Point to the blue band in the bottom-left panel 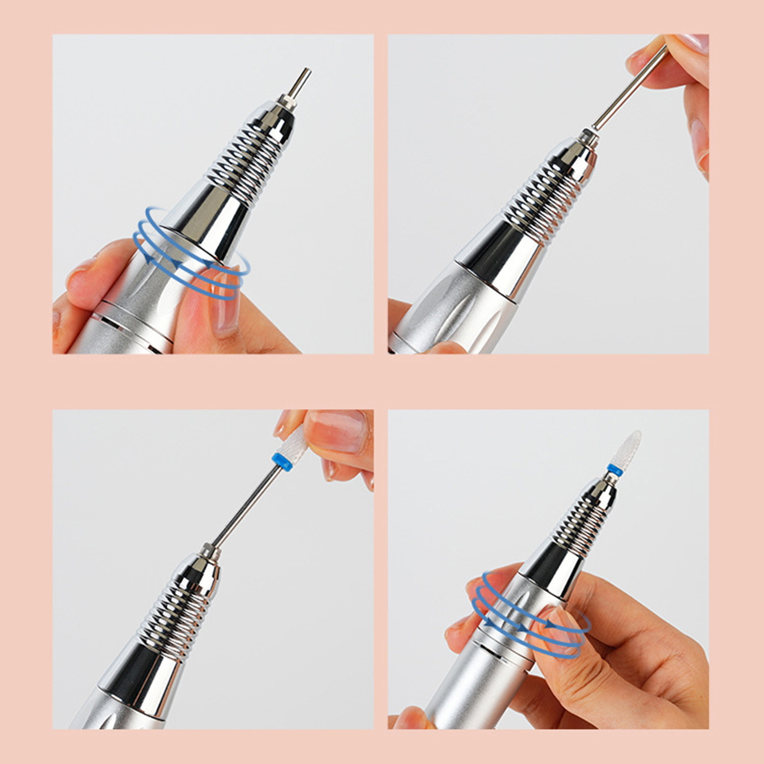tap(282, 462)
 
